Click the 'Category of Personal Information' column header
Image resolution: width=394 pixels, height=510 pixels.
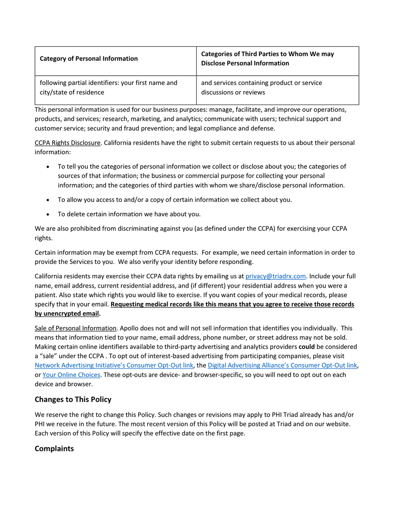[x=88, y=59]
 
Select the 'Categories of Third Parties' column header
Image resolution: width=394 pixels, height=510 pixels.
[x=267, y=59]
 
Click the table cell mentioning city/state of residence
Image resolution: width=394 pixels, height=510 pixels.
[x=109, y=88]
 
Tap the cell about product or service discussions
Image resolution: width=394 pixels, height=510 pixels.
[x=261, y=88]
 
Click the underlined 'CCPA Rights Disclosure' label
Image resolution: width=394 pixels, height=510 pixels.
[x=67, y=143]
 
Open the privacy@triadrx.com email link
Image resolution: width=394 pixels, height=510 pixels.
[x=275, y=276]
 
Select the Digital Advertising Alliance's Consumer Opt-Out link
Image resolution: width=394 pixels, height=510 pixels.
[x=282, y=365]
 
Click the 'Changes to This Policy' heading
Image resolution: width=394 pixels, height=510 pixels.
[x=73, y=399]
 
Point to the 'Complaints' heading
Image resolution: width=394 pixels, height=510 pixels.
[x=54, y=449]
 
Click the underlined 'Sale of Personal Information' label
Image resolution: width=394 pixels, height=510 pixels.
[x=75, y=328]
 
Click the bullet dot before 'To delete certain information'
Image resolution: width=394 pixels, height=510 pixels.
[x=48, y=215]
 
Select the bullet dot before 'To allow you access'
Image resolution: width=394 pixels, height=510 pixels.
[x=48, y=200]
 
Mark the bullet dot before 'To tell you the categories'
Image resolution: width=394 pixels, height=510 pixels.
[x=48, y=167]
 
